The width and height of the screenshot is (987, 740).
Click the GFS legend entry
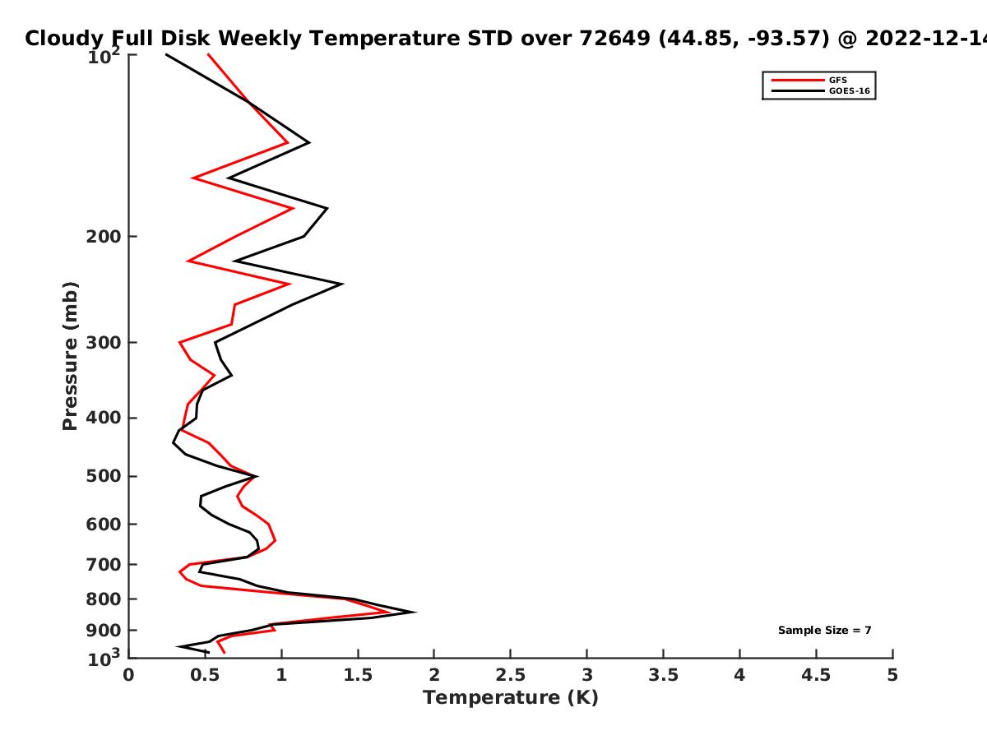point(809,80)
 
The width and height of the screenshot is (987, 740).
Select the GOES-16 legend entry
point(821,90)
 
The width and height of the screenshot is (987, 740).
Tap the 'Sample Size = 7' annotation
point(825,630)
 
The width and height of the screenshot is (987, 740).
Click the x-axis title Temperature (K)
point(511,698)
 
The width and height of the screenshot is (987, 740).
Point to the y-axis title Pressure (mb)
point(70,356)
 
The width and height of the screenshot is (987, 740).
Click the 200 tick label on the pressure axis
point(104,236)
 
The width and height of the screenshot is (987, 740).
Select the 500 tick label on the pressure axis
point(104,476)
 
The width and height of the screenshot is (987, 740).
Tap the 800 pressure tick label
point(104,599)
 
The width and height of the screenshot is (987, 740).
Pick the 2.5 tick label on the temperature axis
point(511,675)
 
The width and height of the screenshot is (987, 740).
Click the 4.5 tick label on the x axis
point(816,675)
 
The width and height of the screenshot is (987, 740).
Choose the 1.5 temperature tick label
point(358,675)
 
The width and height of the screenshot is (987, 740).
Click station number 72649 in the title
point(614,38)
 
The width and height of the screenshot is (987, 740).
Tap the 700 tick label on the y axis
point(104,564)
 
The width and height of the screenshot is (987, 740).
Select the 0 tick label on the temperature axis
point(128,675)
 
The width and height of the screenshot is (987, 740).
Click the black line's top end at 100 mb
point(166,54)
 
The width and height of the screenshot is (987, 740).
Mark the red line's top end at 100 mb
point(208,54)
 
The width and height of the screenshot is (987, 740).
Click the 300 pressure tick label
point(104,342)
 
